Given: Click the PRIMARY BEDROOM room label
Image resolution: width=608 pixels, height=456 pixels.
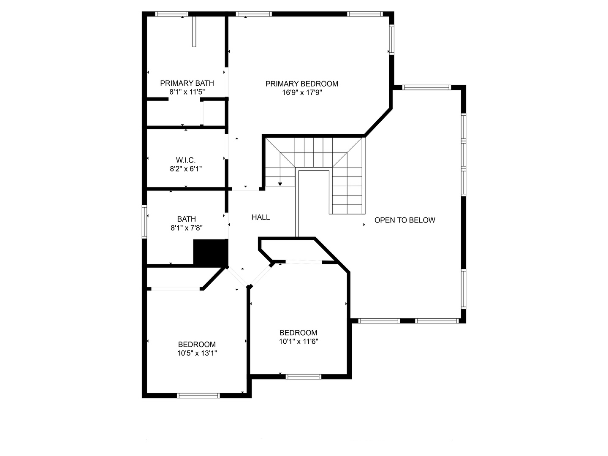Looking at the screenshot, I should (301, 84).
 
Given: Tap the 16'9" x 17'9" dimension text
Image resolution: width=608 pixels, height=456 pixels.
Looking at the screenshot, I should (301, 92).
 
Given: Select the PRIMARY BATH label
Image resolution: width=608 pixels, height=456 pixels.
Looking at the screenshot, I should (187, 83).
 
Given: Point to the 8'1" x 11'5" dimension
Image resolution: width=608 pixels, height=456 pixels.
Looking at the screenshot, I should (187, 92).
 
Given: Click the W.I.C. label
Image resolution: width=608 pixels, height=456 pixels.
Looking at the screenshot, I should (186, 160).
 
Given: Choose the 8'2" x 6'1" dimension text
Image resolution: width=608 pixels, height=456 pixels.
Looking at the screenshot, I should (186, 169).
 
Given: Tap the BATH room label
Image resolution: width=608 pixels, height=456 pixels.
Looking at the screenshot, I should (186, 219).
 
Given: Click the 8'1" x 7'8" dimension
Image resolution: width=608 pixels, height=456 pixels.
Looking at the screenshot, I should (186, 228).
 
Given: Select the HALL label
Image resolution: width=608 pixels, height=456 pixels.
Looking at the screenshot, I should (261, 217).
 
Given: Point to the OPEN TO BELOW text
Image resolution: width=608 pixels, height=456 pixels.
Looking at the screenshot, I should (404, 220).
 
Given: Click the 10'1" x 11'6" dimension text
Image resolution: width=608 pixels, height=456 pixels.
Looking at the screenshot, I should (298, 342).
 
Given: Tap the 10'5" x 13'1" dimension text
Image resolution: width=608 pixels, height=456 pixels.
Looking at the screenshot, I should (197, 353).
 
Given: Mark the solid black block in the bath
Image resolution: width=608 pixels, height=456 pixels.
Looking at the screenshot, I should (210, 252).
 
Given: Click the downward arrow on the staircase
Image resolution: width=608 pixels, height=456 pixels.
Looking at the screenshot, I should (280, 183).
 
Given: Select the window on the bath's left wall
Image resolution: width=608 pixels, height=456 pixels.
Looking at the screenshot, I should (144, 221).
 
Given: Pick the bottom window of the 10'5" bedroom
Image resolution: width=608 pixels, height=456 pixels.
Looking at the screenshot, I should (198, 396).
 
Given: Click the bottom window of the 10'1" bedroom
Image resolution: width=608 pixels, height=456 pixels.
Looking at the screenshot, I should (303, 377).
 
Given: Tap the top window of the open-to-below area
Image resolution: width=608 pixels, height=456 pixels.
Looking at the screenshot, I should (426, 87).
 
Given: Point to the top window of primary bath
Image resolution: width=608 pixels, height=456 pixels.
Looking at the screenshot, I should (171, 14).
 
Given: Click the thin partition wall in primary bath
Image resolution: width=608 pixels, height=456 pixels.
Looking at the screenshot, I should (194, 32).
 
